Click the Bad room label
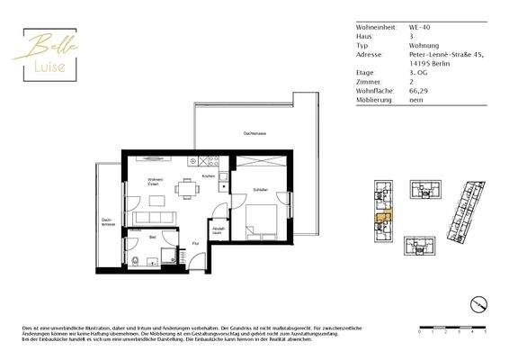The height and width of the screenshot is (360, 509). tap(154, 238)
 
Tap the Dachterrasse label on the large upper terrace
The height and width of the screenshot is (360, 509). tap(254, 132)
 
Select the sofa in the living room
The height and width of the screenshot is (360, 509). tap(149, 219)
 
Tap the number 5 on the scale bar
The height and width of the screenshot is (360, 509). tap(486, 332)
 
